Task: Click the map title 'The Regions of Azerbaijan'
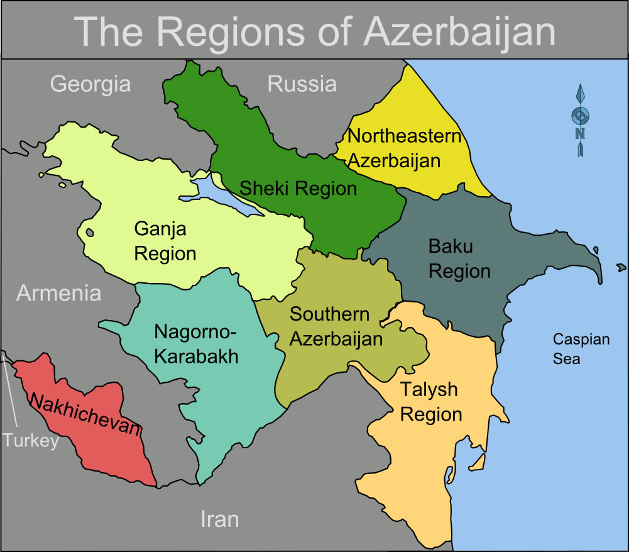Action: [315, 30]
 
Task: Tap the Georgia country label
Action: [90, 84]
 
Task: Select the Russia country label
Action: [302, 84]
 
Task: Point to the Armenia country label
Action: [58, 293]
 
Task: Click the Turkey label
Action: [30, 440]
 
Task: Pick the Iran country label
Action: [219, 519]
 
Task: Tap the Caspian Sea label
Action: [581, 349]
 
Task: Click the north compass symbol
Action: [581, 120]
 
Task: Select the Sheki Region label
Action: [298, 187]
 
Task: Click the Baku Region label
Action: [459, 258]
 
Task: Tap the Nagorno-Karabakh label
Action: [196, 344]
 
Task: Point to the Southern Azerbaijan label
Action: [336, 326]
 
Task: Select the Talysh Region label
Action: [430, 402]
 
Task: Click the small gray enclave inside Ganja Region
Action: [89, 232]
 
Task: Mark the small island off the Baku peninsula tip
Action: [621, 267]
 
